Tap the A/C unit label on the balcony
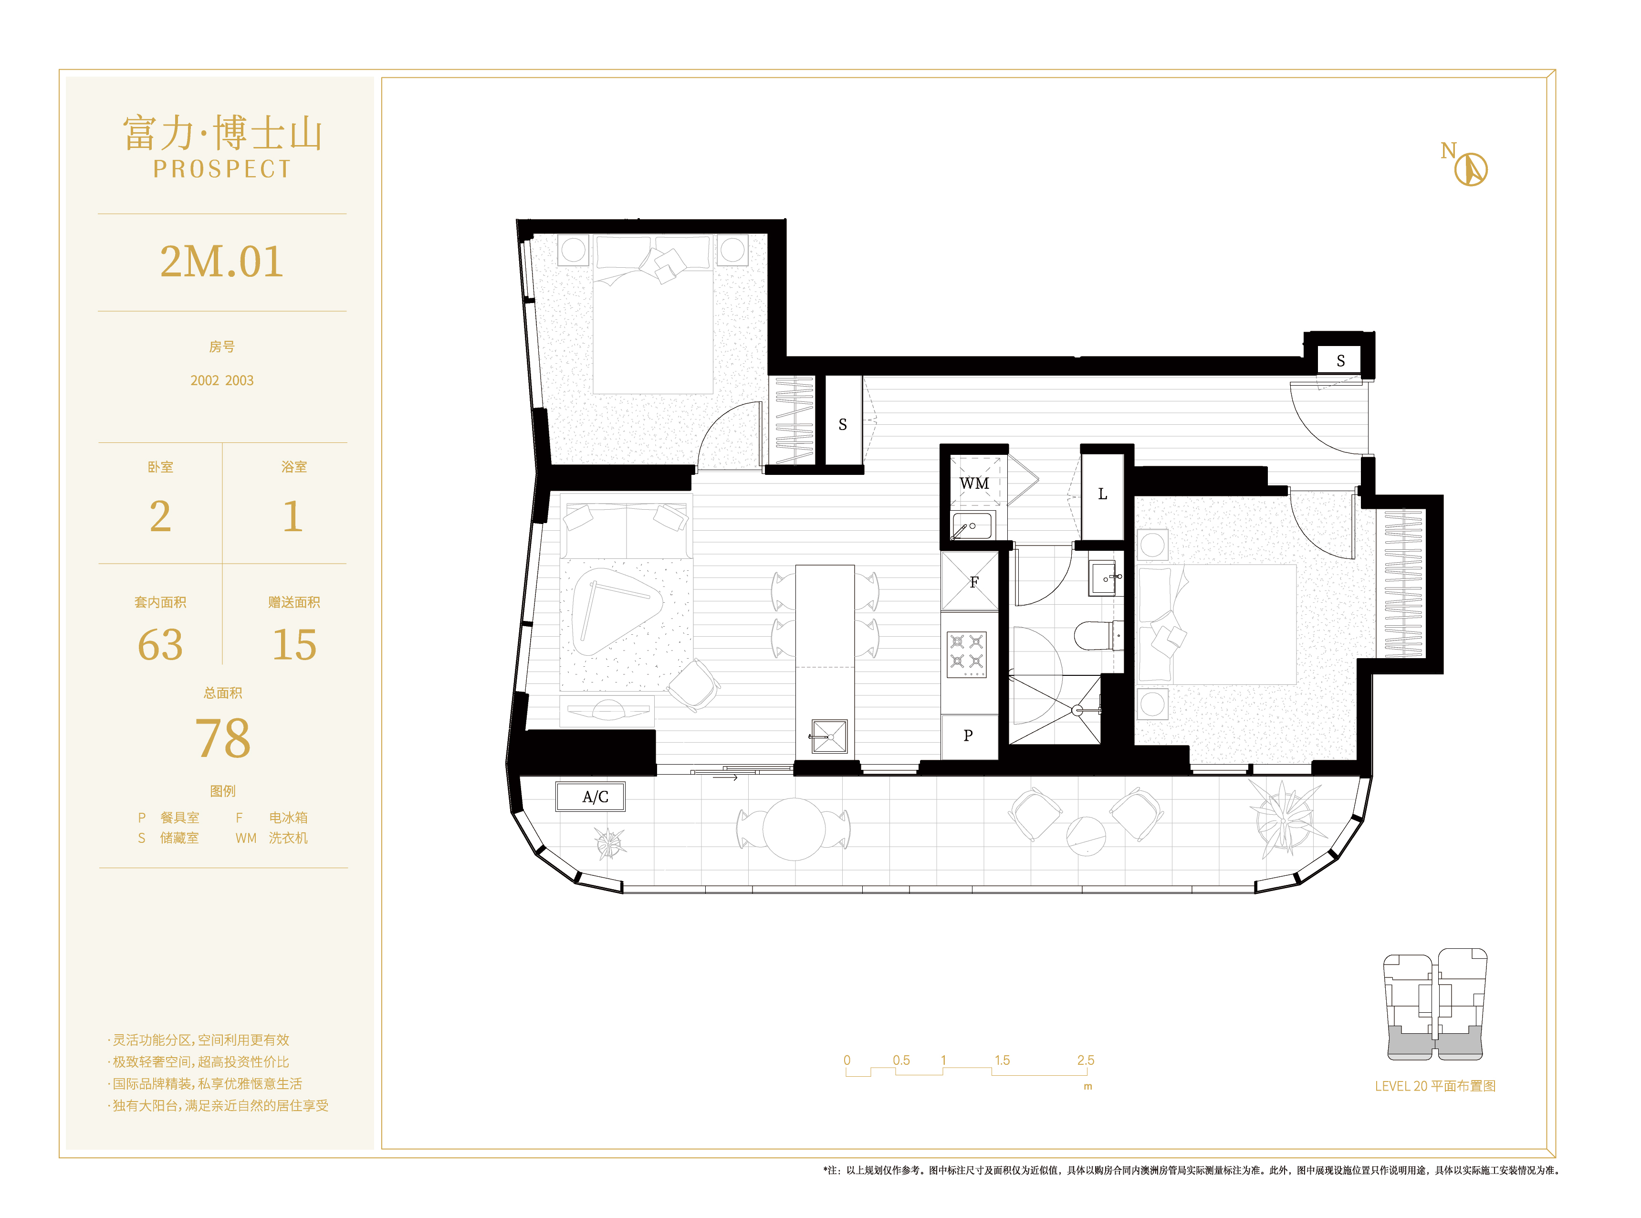click(x=595, y=797)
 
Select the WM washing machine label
click(x=974, y=483)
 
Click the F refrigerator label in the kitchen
click(x=974, y=582)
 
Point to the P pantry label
click(x=968, y=735)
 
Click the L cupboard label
click(x=1102, y=494)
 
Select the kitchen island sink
click(x=828, y=736)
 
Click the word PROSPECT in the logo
click(x=222, y=169)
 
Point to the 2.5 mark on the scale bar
click(x=1085, y=1060)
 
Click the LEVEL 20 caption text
click(x=1434, y=1086)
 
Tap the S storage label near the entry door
click(x=1340, y=360)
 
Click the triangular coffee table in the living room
click(x=617, y=610)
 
